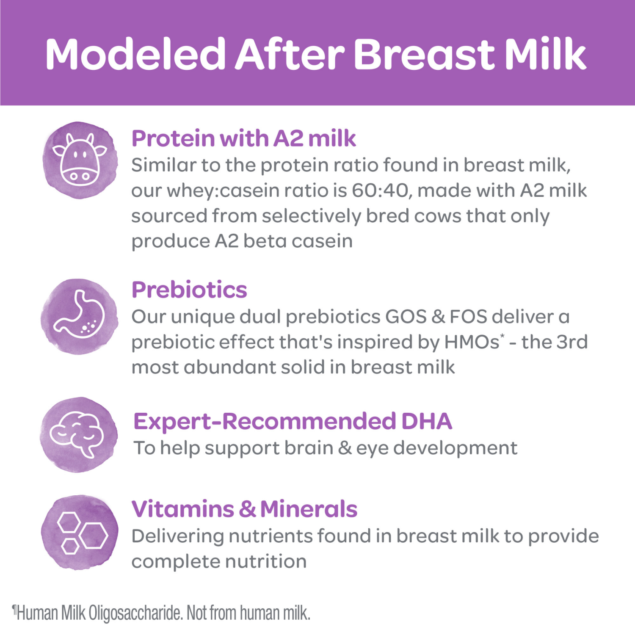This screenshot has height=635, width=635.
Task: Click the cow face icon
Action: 80,160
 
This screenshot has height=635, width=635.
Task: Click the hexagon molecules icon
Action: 80,533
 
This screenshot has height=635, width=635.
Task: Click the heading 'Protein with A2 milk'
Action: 243,138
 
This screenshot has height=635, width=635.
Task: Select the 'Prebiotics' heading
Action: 189,290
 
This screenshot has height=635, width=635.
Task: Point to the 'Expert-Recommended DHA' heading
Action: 293,421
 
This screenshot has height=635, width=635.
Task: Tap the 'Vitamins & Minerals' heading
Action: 244,509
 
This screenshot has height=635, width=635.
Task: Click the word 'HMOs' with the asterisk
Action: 472,342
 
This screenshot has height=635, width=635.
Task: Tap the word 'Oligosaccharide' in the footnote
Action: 135,613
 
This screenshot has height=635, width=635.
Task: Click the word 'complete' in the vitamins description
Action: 175,562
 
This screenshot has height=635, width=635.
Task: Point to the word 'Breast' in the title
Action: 424,54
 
